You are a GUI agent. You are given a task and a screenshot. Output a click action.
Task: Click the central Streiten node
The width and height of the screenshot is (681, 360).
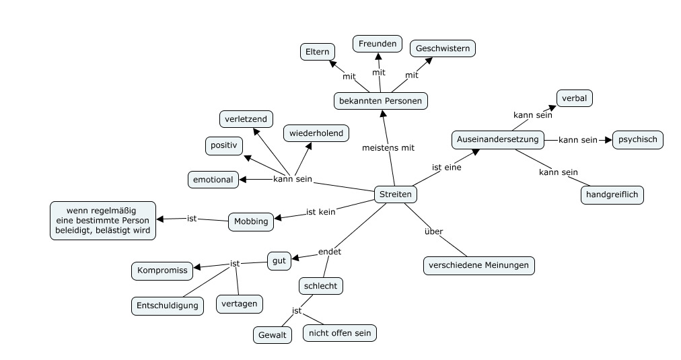[395, 194]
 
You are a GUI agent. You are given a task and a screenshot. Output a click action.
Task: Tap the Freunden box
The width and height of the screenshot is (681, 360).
[378, 44]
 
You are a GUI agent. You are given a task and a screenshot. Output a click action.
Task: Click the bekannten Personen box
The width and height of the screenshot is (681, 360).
[381, 101]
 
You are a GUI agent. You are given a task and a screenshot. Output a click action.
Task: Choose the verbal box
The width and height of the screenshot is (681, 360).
[574, 98]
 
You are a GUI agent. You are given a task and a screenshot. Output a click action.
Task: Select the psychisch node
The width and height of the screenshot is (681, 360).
[638, 140]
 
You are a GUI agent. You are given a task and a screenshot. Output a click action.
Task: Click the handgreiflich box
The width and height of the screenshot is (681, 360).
[612, 194]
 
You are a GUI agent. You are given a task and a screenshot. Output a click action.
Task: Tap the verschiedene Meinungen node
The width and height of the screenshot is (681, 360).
[479, 265]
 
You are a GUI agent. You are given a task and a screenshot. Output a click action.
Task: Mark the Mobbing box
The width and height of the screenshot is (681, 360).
[250, 221]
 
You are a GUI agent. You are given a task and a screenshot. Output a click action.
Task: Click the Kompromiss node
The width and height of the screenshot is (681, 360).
[162, 271]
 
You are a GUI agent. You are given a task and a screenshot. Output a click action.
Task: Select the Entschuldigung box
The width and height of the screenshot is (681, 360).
[168, 305]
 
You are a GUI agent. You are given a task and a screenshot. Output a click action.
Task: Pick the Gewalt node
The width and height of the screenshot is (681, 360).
[273, 334]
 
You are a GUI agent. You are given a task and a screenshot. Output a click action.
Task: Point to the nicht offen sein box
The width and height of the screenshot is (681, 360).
[340, 332]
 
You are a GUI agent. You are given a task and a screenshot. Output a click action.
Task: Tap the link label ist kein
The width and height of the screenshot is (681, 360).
[320, 211]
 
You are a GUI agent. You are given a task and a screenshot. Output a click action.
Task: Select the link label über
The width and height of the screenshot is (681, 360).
[434, 231]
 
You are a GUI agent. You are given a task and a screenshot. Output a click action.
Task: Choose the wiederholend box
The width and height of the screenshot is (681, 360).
[316, 133]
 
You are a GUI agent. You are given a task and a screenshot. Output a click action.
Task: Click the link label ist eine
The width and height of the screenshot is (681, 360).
[446, 167]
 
